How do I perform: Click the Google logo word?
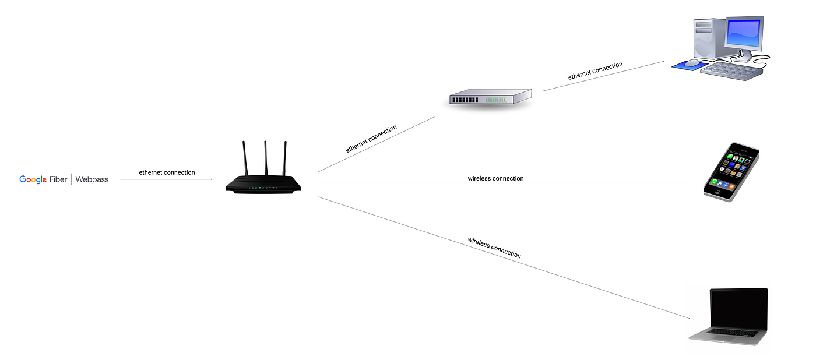click(x=33, y=179)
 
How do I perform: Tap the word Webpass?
click(x=92, y=179)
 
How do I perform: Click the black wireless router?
click(x=264, y=183)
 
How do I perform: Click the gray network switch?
click(x=490, y=97)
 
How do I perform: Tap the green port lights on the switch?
click(x=497, y=100)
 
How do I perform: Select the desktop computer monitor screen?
click(x=743, y=34)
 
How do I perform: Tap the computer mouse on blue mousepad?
click(x=692, y=62)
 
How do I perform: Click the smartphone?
click(x=732, y=172)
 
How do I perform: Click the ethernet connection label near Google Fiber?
click(x=167, y=172)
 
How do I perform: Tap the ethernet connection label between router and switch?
click(x=371, y=139)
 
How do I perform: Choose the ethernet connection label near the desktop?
click(x=595, y=70)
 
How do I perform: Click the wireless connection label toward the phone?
click(x=495, y=178)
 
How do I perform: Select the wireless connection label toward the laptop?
click(x=494, y=247)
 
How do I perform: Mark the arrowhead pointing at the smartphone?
click(x=694, y=185)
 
